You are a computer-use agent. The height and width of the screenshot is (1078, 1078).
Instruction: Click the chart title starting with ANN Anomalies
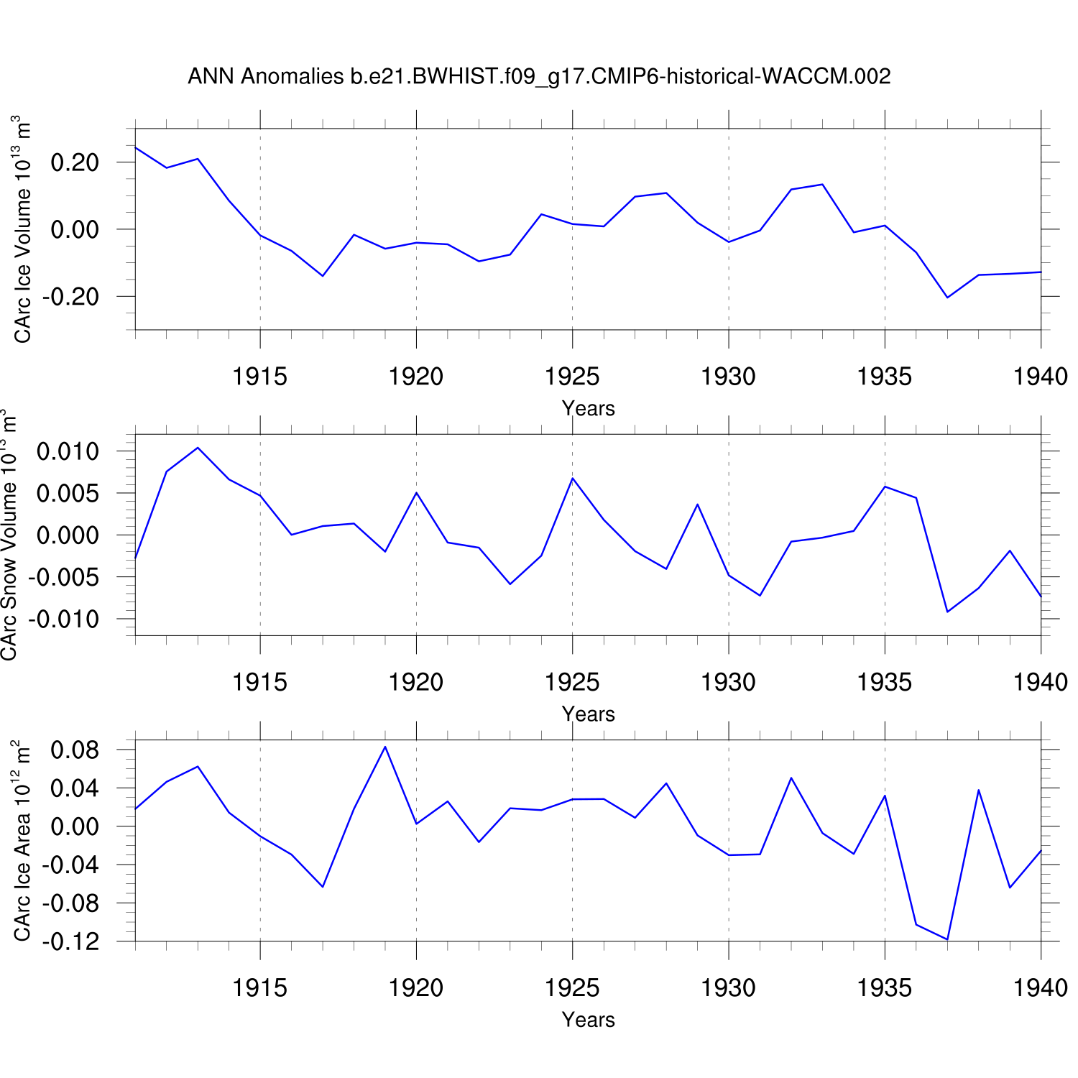click(x=539, y=76)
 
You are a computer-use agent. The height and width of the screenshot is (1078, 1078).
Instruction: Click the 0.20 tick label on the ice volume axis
click(x=75, y=162)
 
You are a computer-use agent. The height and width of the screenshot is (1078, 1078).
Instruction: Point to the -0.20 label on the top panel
click(x=70, y=296)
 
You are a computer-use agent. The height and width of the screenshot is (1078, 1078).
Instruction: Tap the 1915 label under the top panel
click(x=259, y=376)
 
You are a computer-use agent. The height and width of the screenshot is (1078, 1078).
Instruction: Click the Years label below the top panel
click(x=588, y=408)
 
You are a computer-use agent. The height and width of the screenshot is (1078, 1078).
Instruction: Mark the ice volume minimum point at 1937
click(x=947, y=298)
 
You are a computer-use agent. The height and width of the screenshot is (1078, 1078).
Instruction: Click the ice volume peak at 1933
click(x=822, y=185)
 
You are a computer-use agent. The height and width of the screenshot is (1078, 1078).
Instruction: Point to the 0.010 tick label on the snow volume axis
click(x=68, y=452)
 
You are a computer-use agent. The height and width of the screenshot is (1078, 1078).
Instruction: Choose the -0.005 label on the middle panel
click(x=63, y=577)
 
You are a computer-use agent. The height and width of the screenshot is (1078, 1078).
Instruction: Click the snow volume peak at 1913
click(x=198, y=448)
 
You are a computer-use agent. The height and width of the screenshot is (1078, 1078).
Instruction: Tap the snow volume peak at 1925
click(x=572, y=478)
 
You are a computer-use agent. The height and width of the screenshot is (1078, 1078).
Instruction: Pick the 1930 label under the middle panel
click(x=728, y=682)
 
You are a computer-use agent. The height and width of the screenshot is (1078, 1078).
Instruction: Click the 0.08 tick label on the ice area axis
click(x=75, y=750)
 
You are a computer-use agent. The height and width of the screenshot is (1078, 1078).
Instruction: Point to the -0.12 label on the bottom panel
click(x=70, y=941)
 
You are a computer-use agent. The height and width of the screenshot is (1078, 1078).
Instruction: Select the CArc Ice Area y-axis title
click(x=22, y=840)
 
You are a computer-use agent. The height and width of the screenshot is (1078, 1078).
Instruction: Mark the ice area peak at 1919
click(x=385, y=747)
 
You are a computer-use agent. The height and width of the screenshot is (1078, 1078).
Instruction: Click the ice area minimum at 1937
click(x=947, y=939)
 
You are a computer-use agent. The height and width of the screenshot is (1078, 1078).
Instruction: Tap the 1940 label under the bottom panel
click(x=1040, y=988)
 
